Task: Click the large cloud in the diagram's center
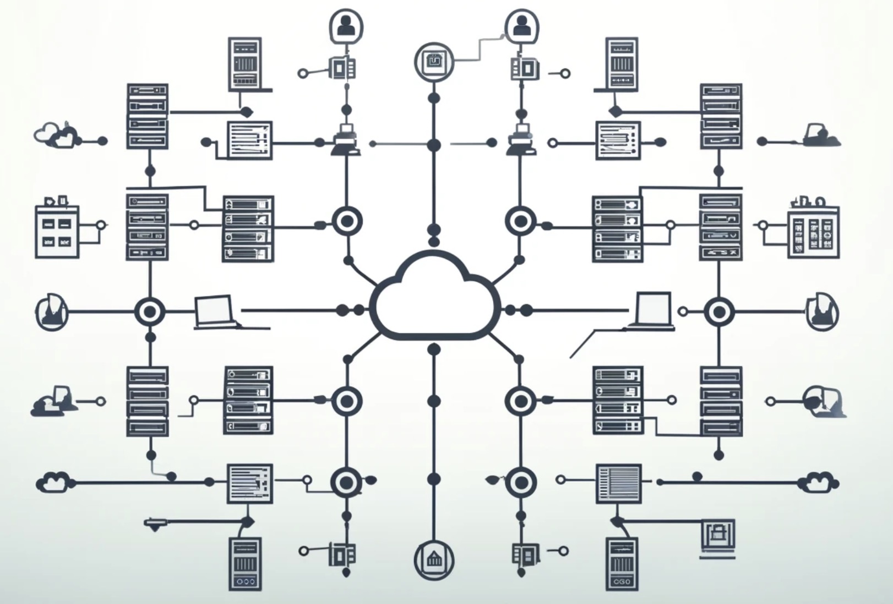click(x=434, y=298)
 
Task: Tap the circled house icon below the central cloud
click(x=434, y=560)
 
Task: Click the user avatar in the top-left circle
click(x=346, y=25)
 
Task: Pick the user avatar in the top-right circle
click(x=521, y=25)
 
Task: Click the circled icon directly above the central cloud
click(x=434, y=61)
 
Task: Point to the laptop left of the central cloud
click(x=215, y=311)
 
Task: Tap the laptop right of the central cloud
click(x=653, y=311)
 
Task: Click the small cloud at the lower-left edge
click(x=53, y=482)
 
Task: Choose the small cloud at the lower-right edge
click(x=820, y=482)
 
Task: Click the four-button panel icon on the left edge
click(x=57, y=231)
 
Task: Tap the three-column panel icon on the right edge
click(x=813, y=232)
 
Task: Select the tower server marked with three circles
click(x=245, y=563)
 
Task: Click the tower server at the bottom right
click(x=622, y=563)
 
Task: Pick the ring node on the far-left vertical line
click(x=149, y=312)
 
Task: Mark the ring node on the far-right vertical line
click(x=718, y=312)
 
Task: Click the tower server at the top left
click(x=245, y=64)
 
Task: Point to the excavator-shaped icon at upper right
click(x=820, y=136)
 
